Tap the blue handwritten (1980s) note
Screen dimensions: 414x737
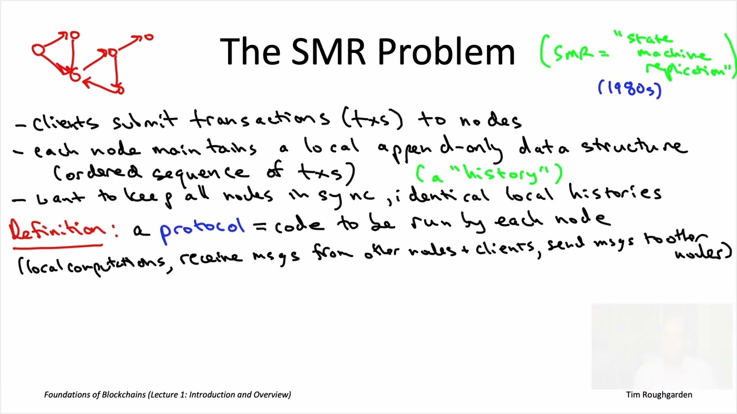pos(630,89)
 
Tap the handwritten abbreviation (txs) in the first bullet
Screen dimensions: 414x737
pos(373,120)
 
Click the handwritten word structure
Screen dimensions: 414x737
pos(634,147)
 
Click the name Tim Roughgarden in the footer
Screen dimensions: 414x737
pos(659,394)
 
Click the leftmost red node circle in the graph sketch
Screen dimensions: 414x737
pos(38,51)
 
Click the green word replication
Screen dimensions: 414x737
pos(687,70)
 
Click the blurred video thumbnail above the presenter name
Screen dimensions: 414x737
pos(662,346)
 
